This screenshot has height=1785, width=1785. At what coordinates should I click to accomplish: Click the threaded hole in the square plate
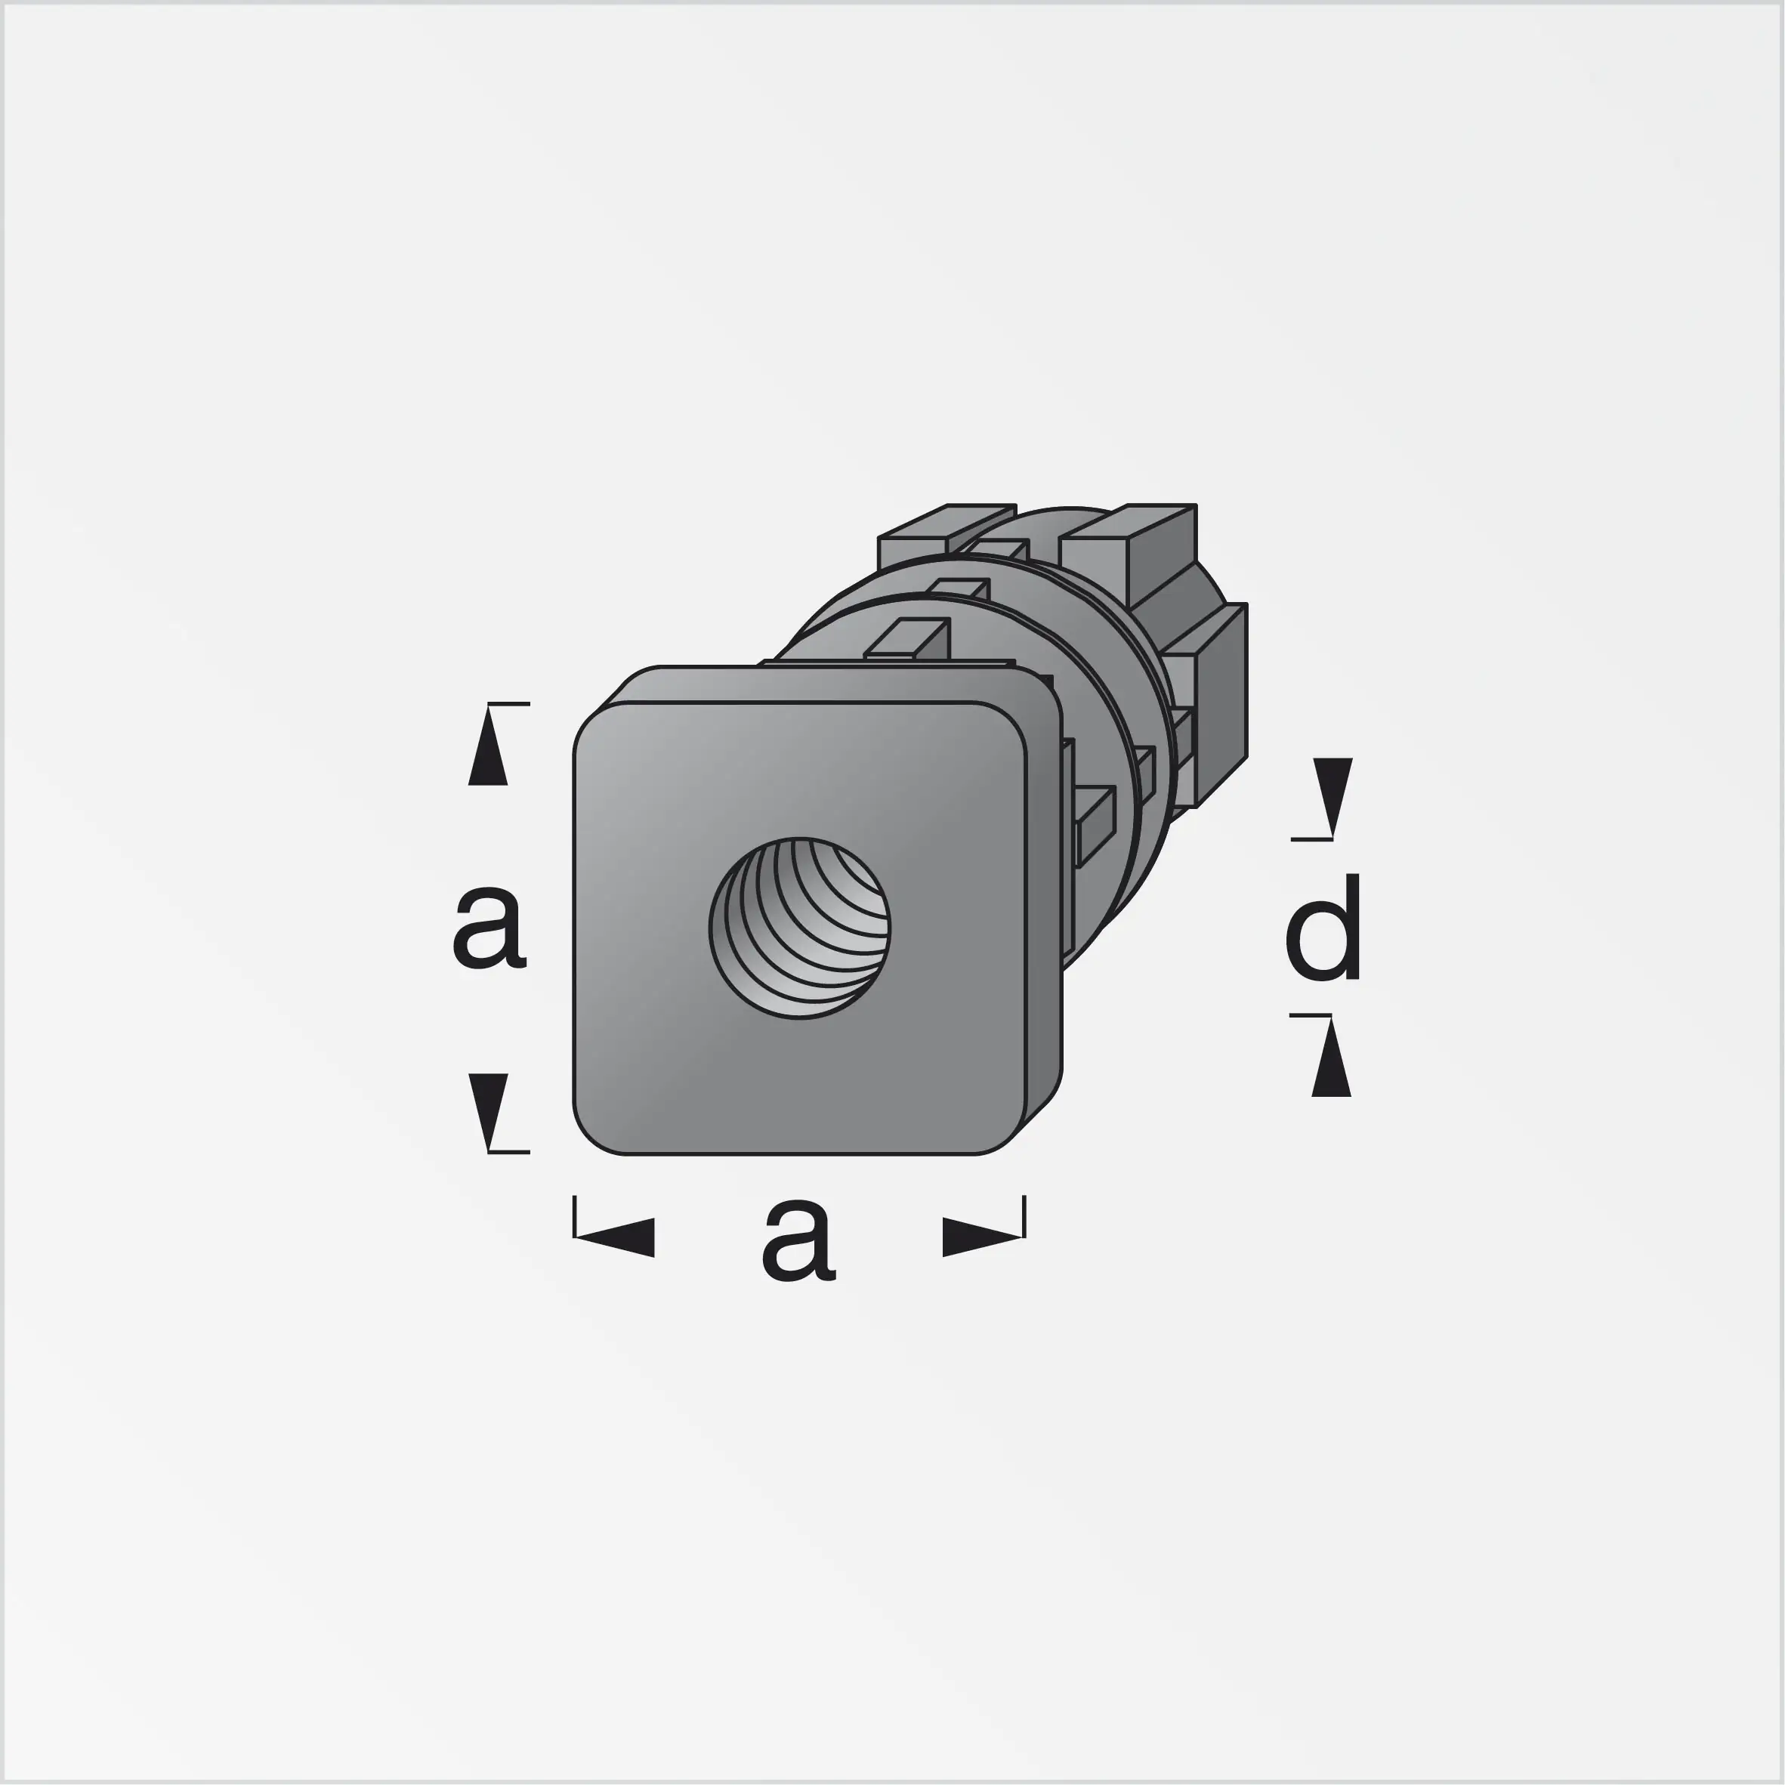click(x=800, y=928)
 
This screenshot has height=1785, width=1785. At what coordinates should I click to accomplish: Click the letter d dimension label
click(x=1323, y=928)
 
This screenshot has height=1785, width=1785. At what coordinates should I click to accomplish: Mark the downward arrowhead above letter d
click(x=1333, y=795)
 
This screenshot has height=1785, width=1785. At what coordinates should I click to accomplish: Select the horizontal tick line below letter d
click(x=1310, y=1015)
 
